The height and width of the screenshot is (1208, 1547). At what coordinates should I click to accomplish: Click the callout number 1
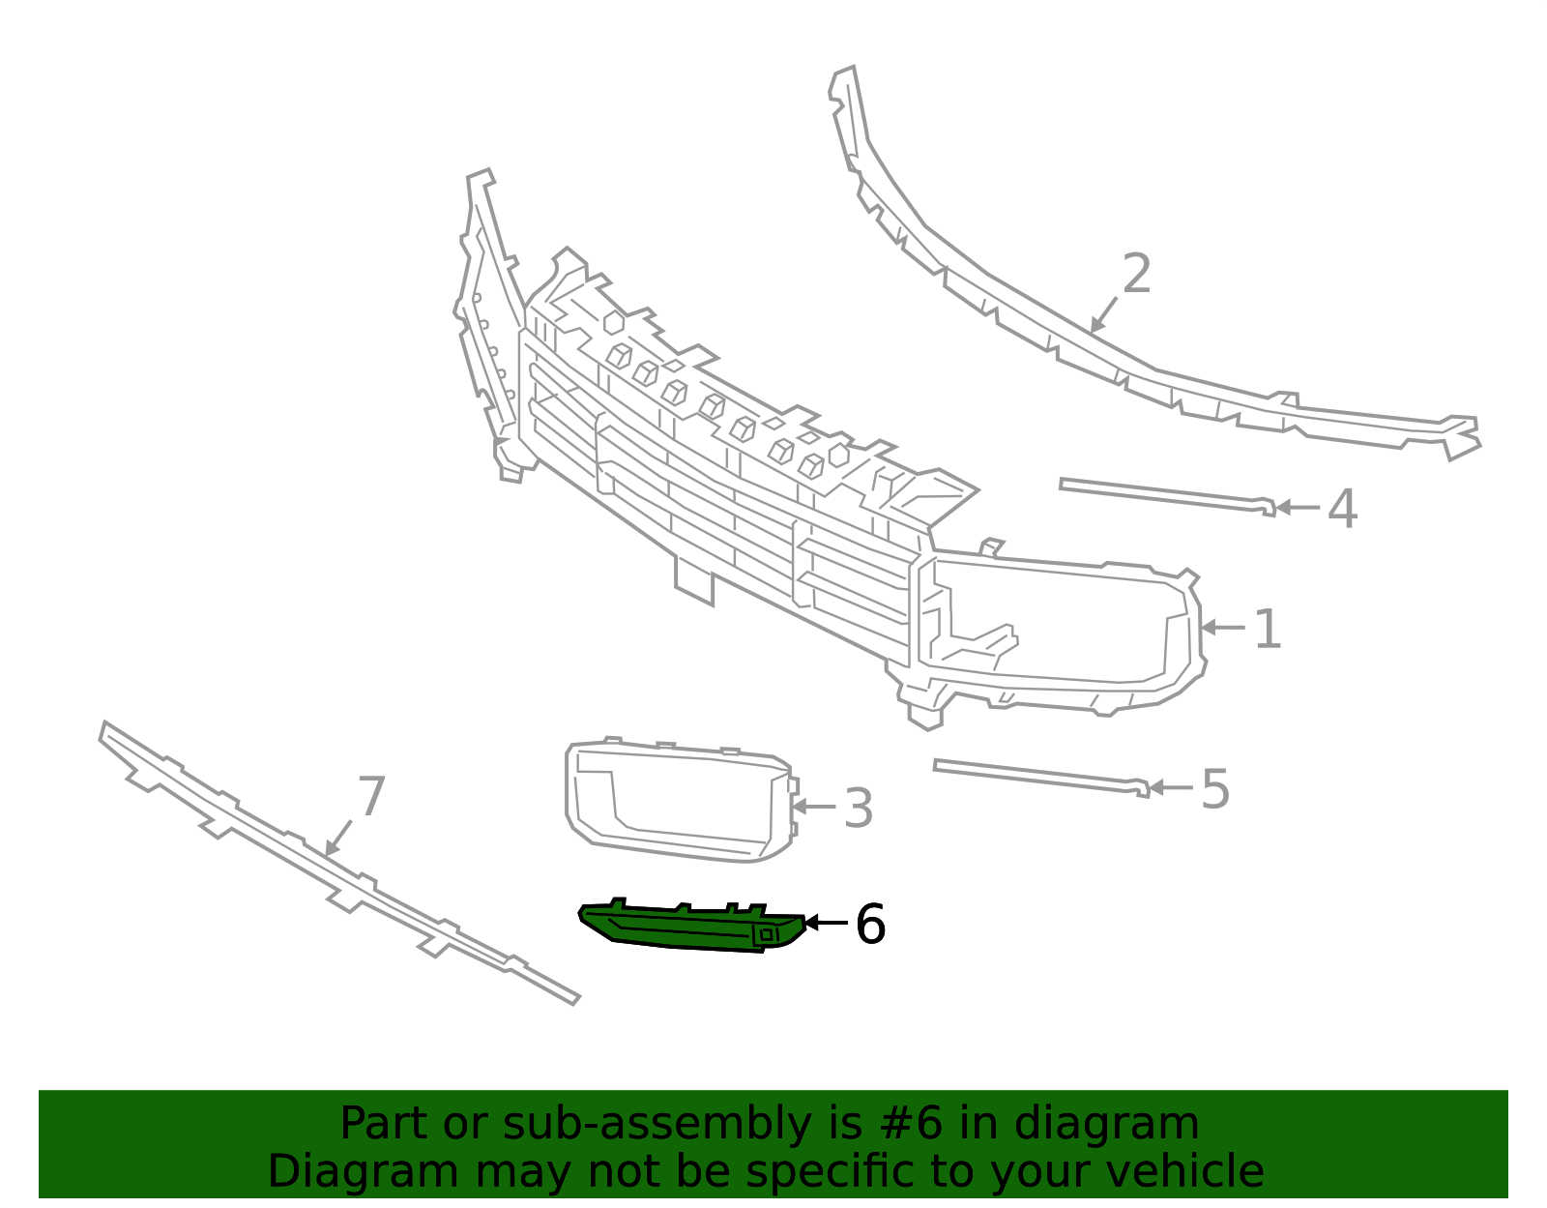pos(1268,630)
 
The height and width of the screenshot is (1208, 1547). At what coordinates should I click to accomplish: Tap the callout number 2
pos(1137,274)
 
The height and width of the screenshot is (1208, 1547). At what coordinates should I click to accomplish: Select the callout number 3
pos(859,809)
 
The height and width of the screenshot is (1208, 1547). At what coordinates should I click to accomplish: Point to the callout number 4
pos(1343,509)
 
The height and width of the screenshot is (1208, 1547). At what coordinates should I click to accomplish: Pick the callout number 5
pos(1215,788)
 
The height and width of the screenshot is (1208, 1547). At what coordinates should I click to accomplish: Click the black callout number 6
pos(871,924)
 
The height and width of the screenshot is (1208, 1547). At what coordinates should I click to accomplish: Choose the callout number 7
pos(371,797)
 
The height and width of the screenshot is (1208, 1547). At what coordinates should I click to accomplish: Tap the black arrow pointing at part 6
pos(826,923)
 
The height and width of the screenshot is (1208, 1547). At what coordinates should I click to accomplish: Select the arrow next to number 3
pos(814,807)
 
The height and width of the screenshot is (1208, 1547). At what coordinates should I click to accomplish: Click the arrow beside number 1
pos(1223,628)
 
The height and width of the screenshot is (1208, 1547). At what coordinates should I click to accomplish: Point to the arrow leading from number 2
pos(1103,315)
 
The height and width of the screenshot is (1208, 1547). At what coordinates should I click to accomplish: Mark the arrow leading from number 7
pos(338,838)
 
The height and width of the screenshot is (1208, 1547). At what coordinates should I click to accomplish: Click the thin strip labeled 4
pos(1168,496)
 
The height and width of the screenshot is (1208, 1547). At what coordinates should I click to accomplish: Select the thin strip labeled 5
pos(1041,778)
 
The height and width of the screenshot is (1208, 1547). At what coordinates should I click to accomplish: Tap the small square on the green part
pos(766,934)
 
